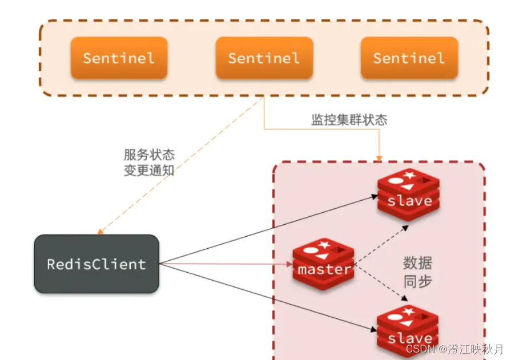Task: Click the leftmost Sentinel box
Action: click(x=119, y=58)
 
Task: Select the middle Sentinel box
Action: click(x=264, y=58)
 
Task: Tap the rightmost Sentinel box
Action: click(x=409, y=58)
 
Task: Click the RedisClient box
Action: click(x=96, y=264)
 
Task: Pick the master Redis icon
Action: click(x=324, y=266)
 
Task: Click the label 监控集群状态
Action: click(x=349, y=120)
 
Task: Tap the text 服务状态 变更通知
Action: click(x=149, y=163)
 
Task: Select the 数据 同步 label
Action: click(x=417, y=272)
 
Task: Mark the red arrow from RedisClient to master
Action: click(x=228, y=264)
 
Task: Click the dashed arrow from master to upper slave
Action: click(x=381, y=245)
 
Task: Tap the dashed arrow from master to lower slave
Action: click(x=381, y=283)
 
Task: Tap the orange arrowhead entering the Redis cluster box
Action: click(x=379, y=156)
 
